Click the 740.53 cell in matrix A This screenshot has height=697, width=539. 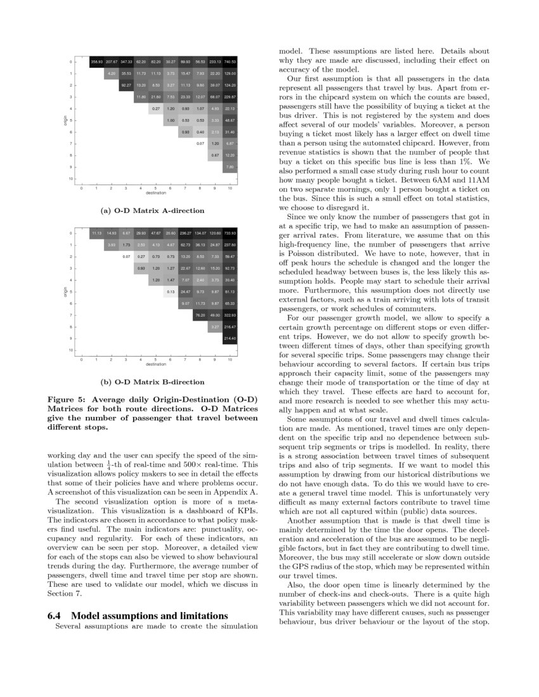tap(230, 61)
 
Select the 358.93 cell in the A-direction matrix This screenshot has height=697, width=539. tap(96, 61)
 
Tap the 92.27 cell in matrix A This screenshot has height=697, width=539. tap(126, 85)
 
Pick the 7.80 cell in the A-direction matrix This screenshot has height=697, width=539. tap(230, 167)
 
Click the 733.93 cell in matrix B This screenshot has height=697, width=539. tap(230, 233)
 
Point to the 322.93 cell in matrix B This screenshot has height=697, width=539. tap(230, 315)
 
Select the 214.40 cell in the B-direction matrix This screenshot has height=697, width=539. tap(230, 338)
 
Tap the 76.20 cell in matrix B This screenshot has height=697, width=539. tap(200, 315)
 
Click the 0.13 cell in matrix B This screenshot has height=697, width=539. tap(171, 291)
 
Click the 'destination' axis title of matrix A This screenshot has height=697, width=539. tap(155, 192)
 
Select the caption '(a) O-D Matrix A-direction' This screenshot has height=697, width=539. tap(153, 210)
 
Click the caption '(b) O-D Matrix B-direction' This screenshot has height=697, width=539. tap(153, 382)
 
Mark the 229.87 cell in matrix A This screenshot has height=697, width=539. tap(230, 96)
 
